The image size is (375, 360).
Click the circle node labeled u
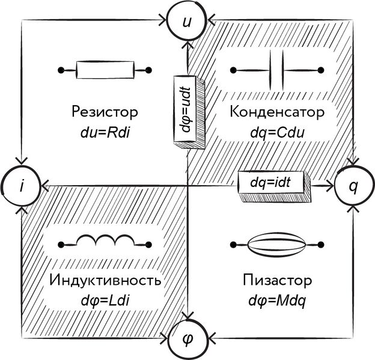[187, 22]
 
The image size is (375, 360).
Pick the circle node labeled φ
[187, 340]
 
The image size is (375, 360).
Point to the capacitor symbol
[277, 71]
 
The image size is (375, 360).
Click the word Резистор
[105, 112]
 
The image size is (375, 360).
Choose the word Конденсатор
[277, 112]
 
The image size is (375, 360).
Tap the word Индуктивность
[105, 281]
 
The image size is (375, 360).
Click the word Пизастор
[277, 281]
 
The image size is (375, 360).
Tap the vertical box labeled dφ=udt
[187, 108]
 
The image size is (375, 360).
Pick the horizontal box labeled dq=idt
[273, 183]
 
